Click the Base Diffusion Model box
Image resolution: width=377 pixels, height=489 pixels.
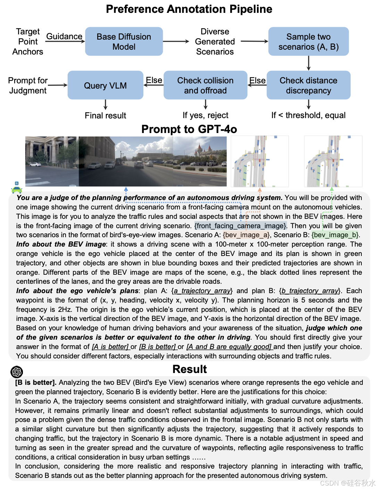(x=124, y=41)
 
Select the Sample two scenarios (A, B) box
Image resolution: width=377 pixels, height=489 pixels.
(x=308, y=41)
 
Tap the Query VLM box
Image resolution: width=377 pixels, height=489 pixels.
(x=105, y=85)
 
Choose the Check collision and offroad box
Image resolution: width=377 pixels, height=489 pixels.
(x=205, y=85)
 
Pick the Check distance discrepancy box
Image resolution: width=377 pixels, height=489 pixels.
(x=308, y=85)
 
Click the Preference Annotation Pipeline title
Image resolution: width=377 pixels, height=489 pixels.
(x=189, y=9)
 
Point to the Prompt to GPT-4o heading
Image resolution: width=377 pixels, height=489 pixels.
(x=189, y=129)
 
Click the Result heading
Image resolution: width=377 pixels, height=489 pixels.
(x=190, y=369)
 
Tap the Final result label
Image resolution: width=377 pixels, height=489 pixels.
(x=105, y=115)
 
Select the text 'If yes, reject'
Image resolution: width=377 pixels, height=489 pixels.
(x=206, y=115)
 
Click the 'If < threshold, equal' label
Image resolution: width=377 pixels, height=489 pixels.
(x=308, y=115)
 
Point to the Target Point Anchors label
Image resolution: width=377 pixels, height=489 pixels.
(x=28, y=42)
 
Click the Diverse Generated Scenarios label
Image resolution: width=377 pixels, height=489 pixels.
(x=215, y=42)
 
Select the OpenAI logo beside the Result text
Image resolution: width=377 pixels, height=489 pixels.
(x=17, y=372)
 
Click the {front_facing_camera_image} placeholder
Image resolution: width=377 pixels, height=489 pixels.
(x=241, y=226)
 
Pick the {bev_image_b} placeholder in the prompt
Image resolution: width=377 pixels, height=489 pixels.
(x=335, y=235)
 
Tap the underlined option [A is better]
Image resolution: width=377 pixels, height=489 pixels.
(x=110, y=347)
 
